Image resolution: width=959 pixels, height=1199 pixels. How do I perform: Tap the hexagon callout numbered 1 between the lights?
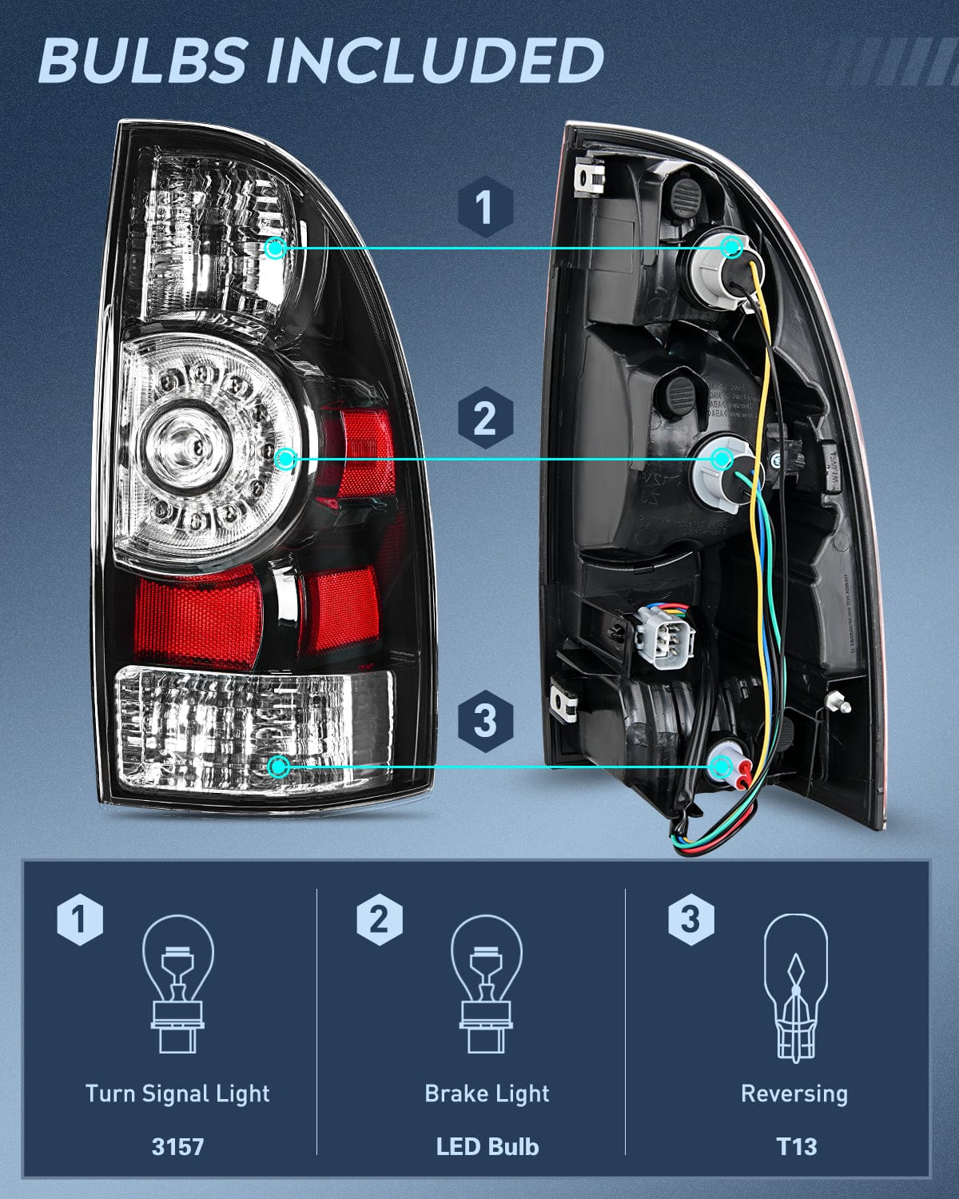point(484,207)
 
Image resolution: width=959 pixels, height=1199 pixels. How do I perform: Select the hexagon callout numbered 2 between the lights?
point(484,418)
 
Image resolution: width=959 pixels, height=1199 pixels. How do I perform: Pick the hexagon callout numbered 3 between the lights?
point(484,719)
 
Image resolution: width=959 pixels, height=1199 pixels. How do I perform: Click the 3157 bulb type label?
point(177,1146)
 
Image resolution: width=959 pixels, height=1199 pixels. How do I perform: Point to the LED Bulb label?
point(487,1146)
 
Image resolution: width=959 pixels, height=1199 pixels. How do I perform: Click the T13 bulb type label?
point(796,1146)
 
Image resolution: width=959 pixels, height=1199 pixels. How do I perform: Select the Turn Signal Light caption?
point(177,1093)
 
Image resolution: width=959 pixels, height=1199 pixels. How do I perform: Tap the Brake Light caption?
point(487,1093)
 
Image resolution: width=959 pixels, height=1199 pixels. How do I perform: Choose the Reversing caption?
point(794,1093)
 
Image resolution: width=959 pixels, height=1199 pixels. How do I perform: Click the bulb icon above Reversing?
point(795,988)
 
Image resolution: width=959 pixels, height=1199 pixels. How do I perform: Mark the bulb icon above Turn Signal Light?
point(177,983)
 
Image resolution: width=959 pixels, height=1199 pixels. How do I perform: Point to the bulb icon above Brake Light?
point(487,983)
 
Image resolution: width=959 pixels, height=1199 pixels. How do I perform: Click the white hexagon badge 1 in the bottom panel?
point(80,919)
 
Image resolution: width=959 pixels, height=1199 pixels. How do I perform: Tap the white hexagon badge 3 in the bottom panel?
point(690,919)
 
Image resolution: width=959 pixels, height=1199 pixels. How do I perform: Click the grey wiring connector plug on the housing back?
point(663,635)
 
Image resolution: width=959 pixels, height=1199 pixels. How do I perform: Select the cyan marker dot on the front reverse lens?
point(279,767)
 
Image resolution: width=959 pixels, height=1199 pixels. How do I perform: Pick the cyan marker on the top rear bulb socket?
point(731,247)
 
